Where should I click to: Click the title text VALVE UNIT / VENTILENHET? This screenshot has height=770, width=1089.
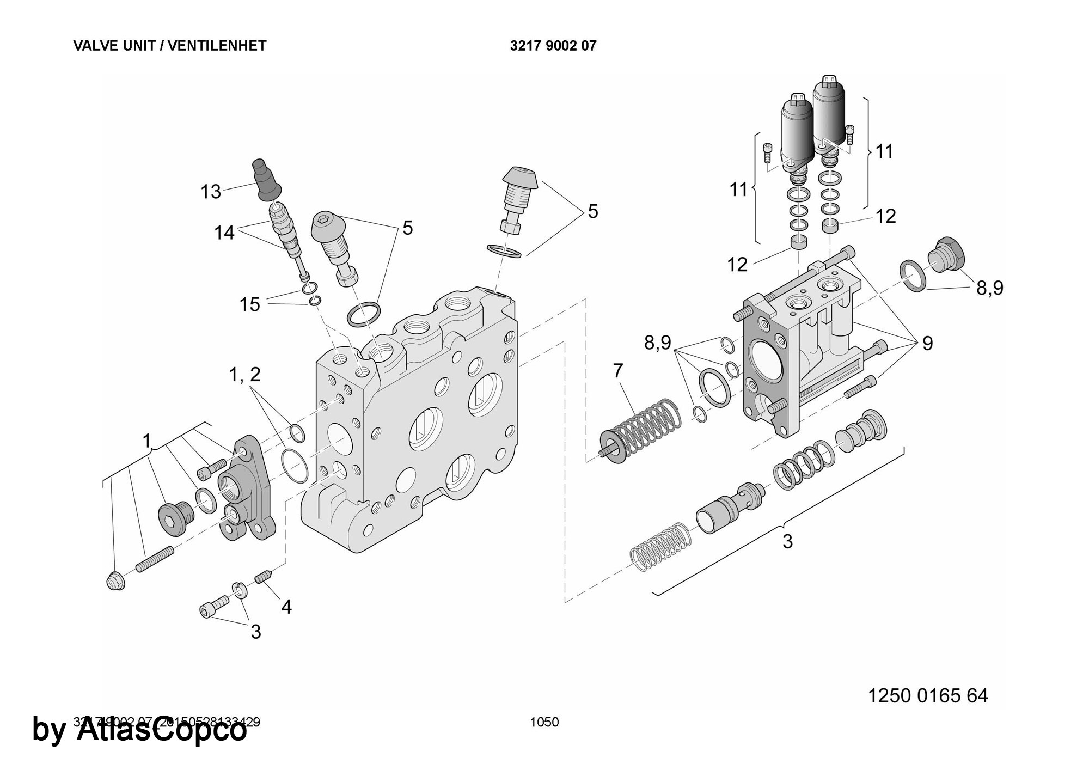tap(169, 46)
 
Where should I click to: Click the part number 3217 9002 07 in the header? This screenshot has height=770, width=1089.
tap(553, 46)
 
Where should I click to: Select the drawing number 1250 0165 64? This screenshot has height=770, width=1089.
tap(927, 695)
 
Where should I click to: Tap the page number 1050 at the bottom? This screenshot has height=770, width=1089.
tap(544, 722)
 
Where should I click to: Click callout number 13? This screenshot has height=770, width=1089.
tap(211, 192)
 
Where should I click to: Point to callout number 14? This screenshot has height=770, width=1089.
tap(224, 233)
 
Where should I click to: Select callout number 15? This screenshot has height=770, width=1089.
tap(250, 304)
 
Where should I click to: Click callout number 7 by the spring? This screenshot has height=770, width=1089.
tap(617, 371)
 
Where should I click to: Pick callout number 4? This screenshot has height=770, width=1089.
tap(286, 607)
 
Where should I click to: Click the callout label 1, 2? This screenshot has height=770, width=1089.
tap(245, 374)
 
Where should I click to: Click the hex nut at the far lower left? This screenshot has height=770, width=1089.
tap(114, 582)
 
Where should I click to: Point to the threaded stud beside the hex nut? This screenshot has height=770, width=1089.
tap(154, 559)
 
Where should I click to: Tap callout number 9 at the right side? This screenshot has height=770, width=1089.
tap(927, 344)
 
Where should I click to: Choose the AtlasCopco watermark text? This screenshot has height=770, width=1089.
tap(139, 730)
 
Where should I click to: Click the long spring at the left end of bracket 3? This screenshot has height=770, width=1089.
tap(660, 547)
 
